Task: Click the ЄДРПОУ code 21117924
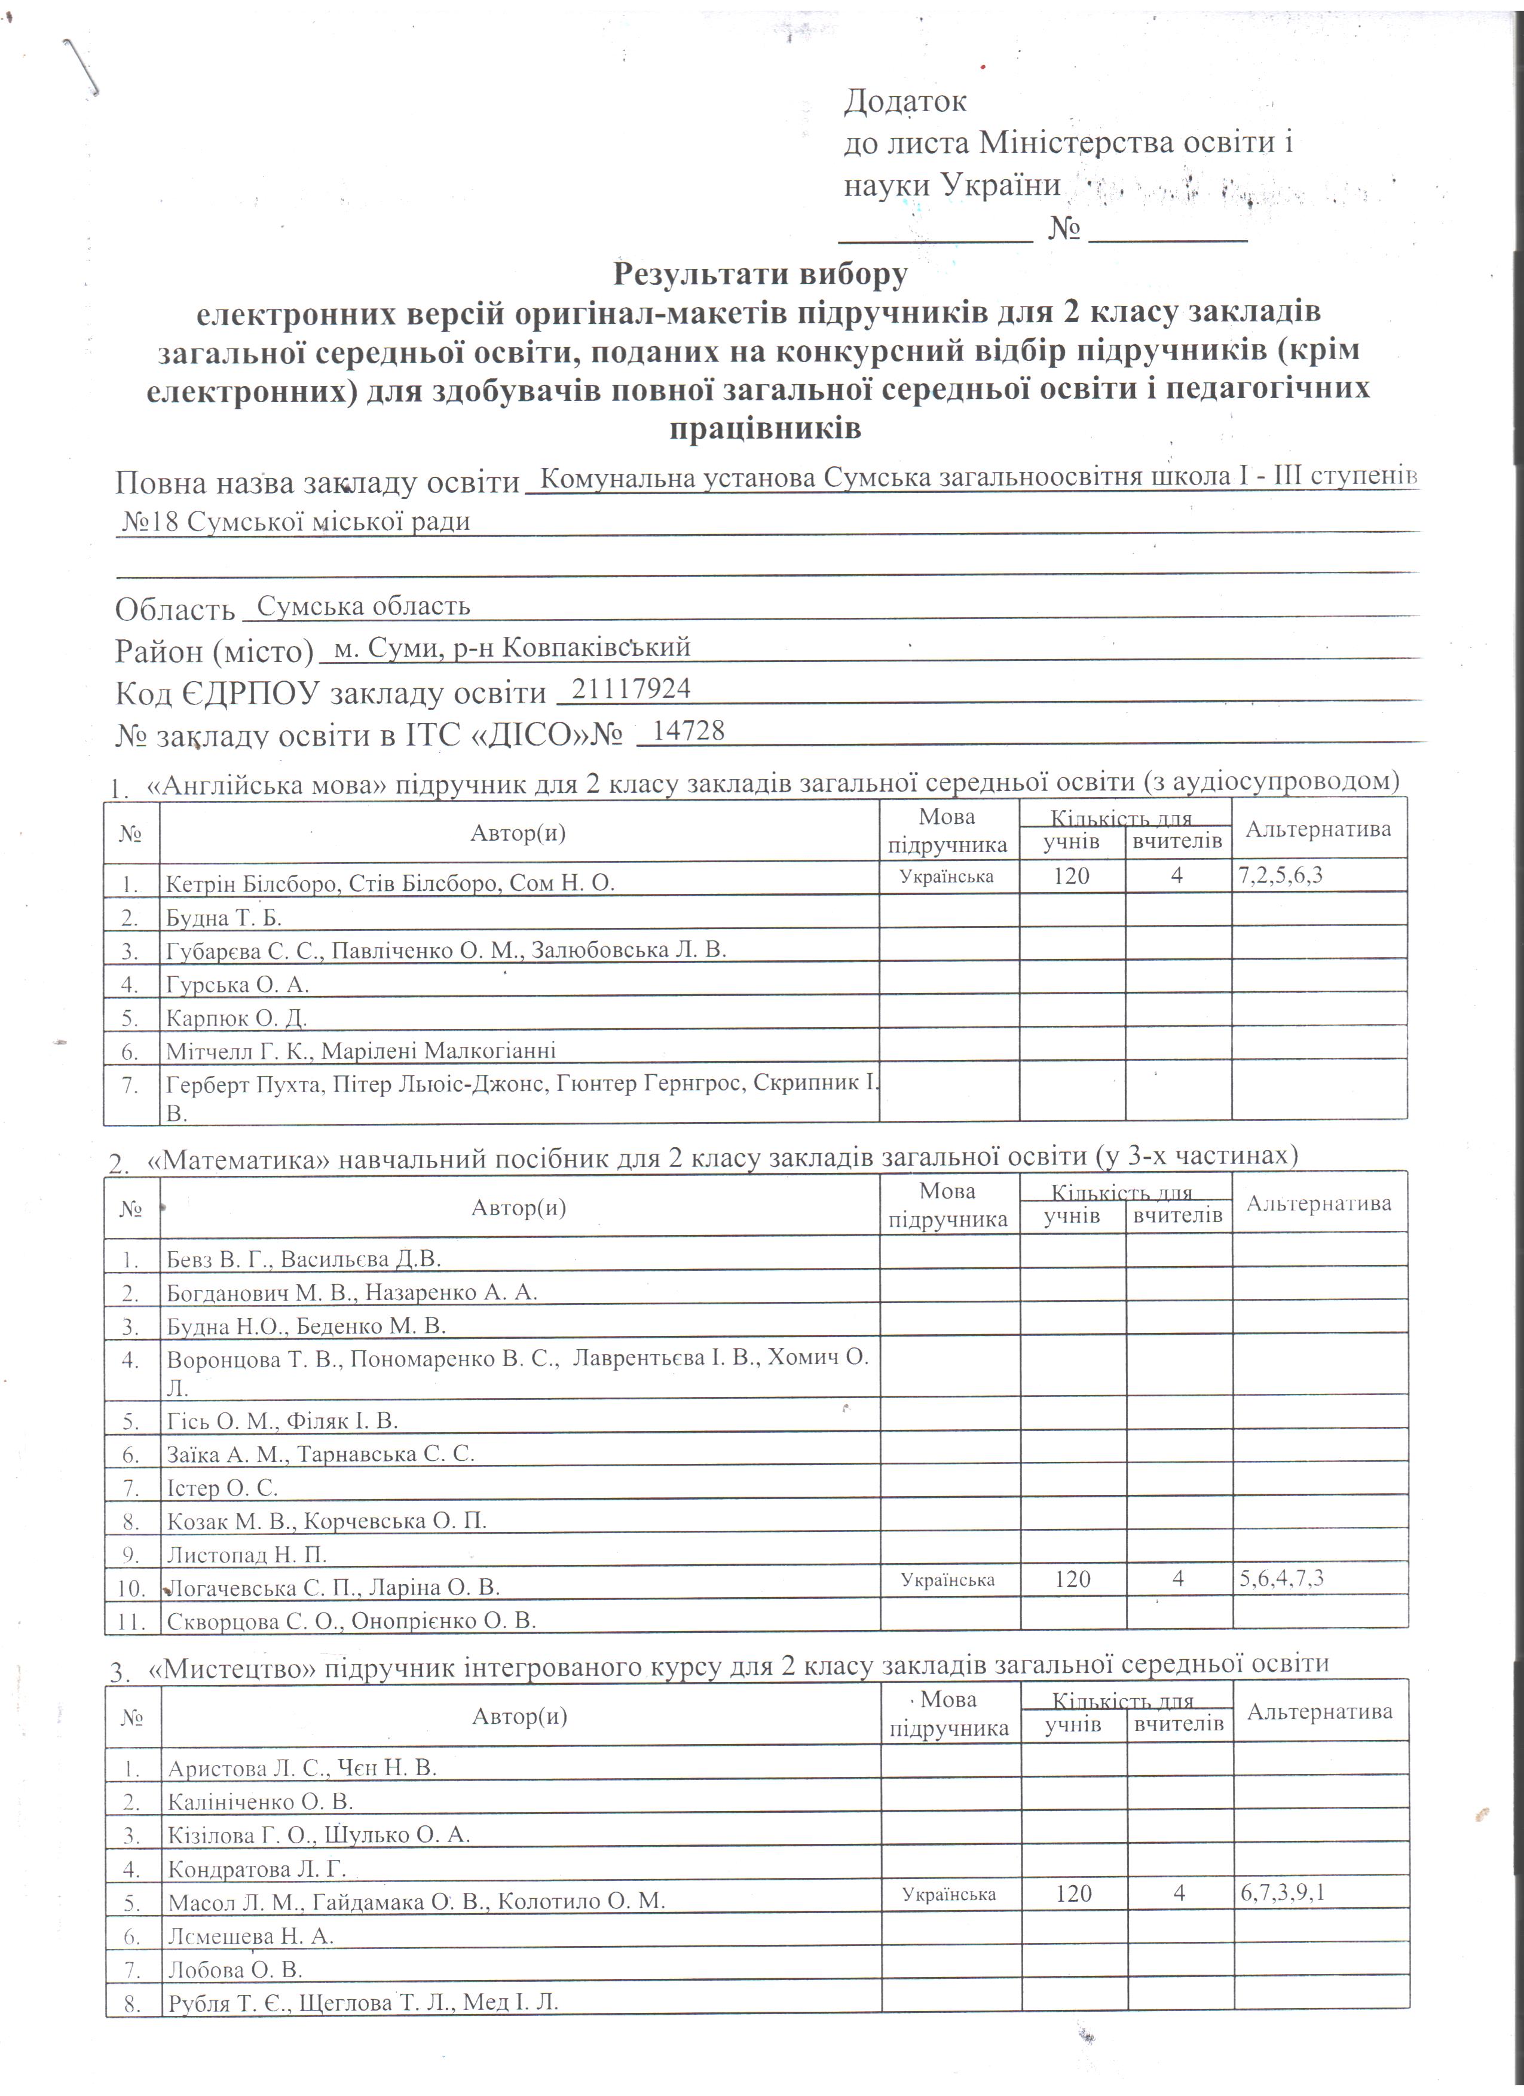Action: (631, 688)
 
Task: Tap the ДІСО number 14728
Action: (688, 731)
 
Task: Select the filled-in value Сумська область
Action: (363, 606)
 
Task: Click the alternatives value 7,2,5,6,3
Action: (1280, 874)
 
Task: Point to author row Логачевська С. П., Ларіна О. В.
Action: (333, 1588)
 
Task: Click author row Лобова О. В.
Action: (235, 1969)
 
